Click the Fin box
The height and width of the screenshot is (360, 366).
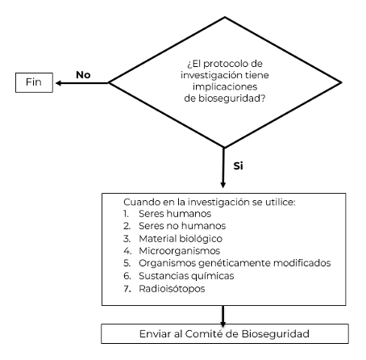click(34, 82)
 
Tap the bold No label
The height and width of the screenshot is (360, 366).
click(83, 75)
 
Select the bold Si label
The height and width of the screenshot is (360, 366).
click(238, 165)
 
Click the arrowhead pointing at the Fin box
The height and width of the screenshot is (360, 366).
click(58, 83)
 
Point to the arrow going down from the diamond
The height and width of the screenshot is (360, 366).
click(223, 168)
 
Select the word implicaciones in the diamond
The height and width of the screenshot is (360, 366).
click(225, 87)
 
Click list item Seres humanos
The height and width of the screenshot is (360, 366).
click(175, 214)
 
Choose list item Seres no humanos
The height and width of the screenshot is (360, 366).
click(182, 226)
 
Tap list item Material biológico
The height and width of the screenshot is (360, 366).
click(181, 238)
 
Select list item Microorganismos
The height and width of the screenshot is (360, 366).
click(180, 251)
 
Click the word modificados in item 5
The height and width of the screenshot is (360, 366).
click(302, 263)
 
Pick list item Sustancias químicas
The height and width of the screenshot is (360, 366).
click(186, 276)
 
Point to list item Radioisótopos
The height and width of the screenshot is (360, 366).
click(172, 289)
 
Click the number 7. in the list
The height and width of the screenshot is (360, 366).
click(127, 289)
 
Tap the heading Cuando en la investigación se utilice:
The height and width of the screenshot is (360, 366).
click(210, 202)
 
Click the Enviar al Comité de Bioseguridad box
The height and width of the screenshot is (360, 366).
click(225, 333)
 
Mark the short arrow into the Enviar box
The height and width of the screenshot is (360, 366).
click(223, 316)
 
